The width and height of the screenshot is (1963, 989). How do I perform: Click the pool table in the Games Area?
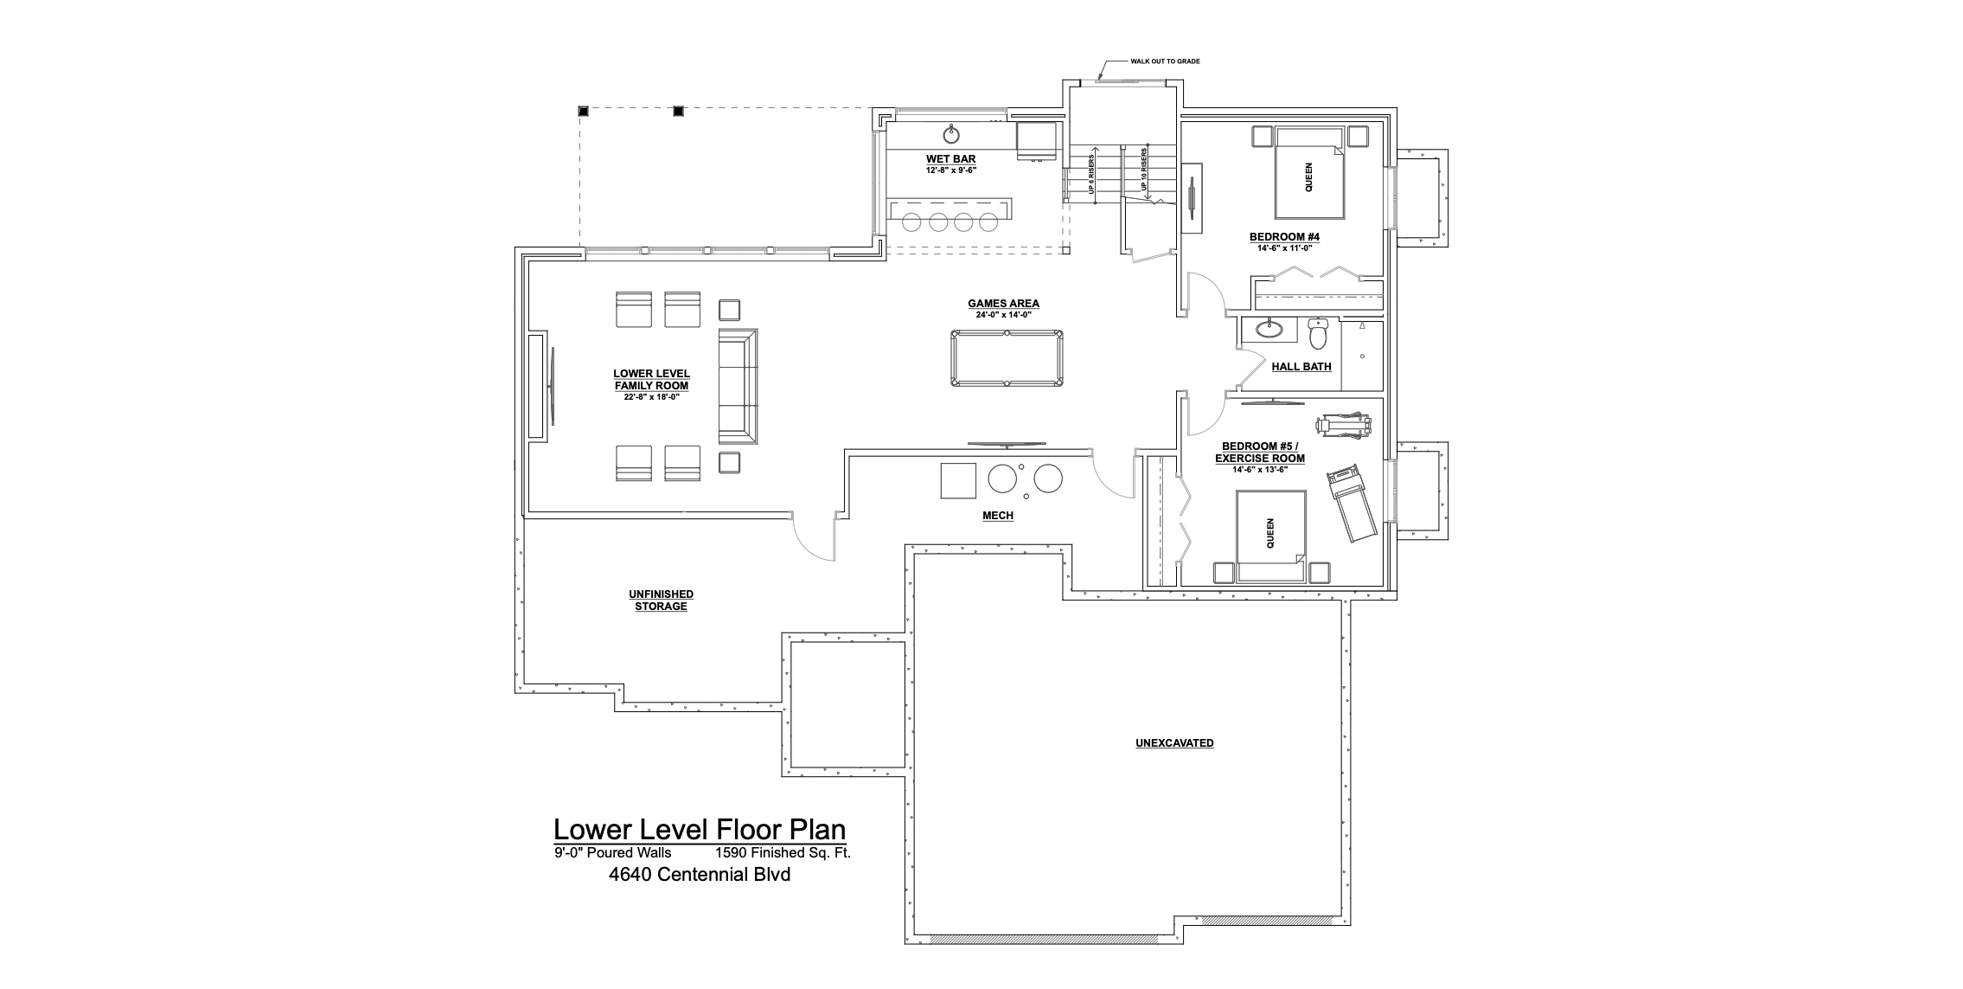[x=1007, y=357]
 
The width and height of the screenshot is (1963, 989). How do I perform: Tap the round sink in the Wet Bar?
[x=951, y=134]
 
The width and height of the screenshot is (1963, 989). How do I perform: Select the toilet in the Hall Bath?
[x=1318, y=331]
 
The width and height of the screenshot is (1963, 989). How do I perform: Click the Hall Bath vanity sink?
[x=1269, y=329]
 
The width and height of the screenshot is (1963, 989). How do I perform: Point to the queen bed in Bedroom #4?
[x=1308, y=173]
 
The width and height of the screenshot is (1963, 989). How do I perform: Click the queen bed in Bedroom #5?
[x=1270, y=536]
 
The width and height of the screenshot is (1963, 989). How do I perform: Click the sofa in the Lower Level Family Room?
[x=738, y=387]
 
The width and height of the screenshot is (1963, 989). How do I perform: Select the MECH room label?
[x=997, y=516]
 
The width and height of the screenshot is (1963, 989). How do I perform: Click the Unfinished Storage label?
[x=661, y=600]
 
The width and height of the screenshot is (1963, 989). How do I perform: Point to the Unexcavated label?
[x=1174, y=743]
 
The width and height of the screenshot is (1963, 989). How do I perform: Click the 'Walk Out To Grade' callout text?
[x=1165, y=62]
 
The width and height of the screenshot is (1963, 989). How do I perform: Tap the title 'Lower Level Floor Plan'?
[x=700, y=830]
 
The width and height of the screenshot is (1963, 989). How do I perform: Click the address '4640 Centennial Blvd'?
[x=700, y=874]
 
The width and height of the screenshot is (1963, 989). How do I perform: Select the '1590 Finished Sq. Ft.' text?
[x=783, y=852]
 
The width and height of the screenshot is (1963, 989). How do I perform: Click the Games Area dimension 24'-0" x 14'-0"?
[x=1003, y=315]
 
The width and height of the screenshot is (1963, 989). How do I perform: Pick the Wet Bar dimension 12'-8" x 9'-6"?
[x=951, y=170]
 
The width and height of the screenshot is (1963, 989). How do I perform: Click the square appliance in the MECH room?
[x=958, y=481]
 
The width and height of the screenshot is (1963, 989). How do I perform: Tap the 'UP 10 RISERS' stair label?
[x=1144, y=169]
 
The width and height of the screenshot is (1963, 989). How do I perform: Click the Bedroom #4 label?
[x=1284, y=236]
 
